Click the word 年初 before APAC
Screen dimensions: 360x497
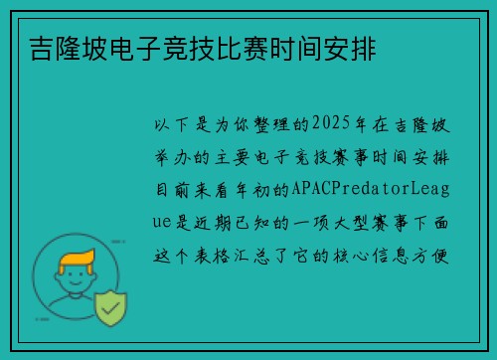pyautogui.click(x=251, y=188)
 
